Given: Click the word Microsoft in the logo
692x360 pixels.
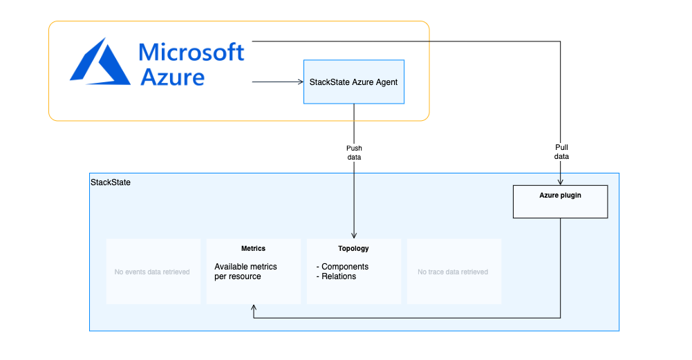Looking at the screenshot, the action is click(x=191, y=53).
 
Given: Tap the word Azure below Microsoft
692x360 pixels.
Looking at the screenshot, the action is click(x=173, y=77).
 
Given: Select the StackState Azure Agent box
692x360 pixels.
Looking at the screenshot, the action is click(x=354, y=82).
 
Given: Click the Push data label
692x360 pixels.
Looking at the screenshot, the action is click(x=354, y=153).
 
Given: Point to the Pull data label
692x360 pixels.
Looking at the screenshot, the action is click(x=561, y=152).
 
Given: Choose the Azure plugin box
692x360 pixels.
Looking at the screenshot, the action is click(x=561, y=202).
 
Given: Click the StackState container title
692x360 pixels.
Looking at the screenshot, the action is click(x=111, y=182).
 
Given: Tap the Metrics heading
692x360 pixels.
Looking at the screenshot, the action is click(x=253, y=248).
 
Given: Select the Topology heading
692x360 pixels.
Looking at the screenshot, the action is click(x=353, y=248).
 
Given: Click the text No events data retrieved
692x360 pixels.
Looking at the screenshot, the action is click(x=152, y=272).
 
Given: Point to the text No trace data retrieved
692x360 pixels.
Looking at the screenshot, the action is click(x=453, y=272).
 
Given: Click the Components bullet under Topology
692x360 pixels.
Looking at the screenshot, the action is click(x=342, y=267).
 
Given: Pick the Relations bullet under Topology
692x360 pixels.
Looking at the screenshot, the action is click(x=336, y=276).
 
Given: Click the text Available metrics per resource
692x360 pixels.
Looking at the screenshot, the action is click(x=246, y=272).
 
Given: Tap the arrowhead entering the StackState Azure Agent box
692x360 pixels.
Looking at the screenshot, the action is click(x=301, y=82).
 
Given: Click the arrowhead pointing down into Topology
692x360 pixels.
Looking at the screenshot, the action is click(x=354, y=236).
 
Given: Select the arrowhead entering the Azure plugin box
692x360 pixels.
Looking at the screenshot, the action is click(x=561, y=182).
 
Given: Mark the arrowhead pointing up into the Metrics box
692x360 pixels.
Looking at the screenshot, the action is click(x=254, y=307).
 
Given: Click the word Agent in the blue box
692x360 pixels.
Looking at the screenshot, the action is click(x=386, y=82).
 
